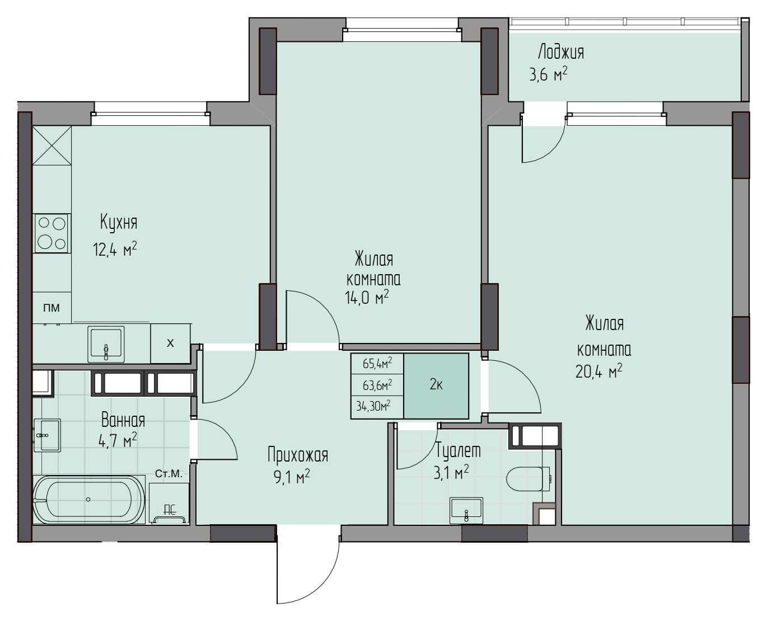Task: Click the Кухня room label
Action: pyautogui.click(x=119, y=222)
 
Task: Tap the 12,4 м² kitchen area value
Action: pyautogui.click(x=115, y=249)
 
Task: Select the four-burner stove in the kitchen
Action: pyautogui.click(x=52, y=233)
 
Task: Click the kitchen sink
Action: pyautogui.click(x=106, y=344)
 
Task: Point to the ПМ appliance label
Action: pyautogui.click(x=52, y=308)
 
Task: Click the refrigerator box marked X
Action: pyautogui.click(x=170, y=343)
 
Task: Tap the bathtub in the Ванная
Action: pyautogui.click(x=88, y=500)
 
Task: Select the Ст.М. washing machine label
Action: pyautogui.click(x=169, y=474)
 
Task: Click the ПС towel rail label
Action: pyautogui.click(x=170, y=510)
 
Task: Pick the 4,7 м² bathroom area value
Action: pyautogui.click(x=118, y=440)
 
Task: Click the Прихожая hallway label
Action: pyautogui.click(x=298, y=455)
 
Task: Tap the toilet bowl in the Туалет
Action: pyautogui.click(x=528, y=479)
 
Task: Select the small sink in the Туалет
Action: pyautogui.click(x=466, y=511)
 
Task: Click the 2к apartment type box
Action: pyautogui.click(x=436, y=385)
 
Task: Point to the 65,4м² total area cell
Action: pyautogui.click(x=377, y=364)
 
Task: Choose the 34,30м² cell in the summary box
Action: pyautogui.click(x=373, y=406)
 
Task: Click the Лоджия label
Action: pyautogui.click(x=560, y=53)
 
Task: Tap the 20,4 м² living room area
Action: pyautogui.click(x=598, y=371)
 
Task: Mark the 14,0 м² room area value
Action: pyautogui.click(x=367, y=298)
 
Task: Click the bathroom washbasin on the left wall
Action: pyautogui.click(x=47, y=435)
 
